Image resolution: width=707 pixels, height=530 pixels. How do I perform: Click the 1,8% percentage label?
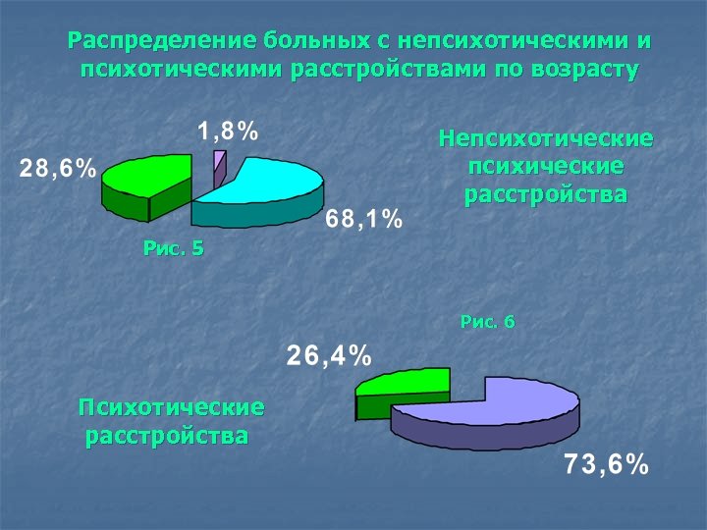[228, 131]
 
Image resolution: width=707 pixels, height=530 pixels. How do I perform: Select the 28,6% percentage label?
[59, 169]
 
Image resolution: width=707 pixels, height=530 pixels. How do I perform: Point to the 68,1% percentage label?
[365, 220]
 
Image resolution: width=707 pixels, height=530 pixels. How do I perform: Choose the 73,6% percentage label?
[606, 465]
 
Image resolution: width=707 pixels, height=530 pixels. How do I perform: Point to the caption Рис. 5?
[173, 248]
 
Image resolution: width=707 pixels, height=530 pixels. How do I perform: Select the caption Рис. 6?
[487, 321]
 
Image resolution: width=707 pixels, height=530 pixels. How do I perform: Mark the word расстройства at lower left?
[167, 434]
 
